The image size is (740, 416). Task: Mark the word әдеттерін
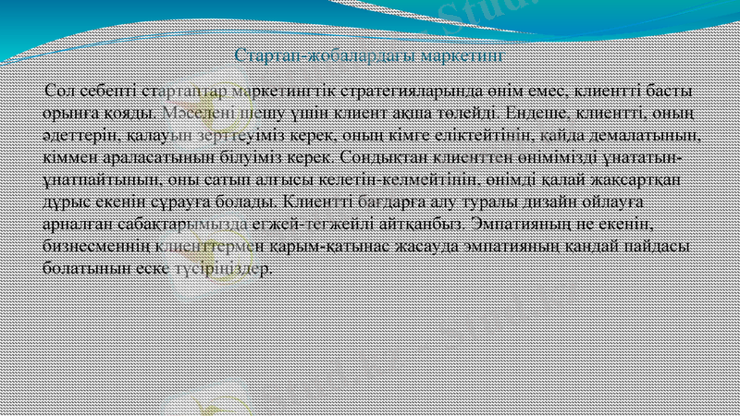[79, 135]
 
